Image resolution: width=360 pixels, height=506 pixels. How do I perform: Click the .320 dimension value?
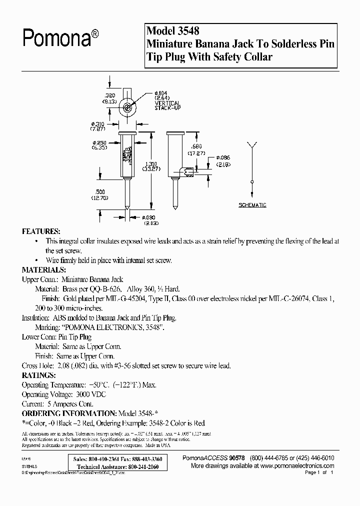click(110, 94)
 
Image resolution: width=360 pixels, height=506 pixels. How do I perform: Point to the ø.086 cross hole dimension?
click(223, 157)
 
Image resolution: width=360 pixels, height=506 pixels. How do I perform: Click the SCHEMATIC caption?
click(252, 205)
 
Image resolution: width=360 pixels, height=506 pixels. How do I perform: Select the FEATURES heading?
click(41, 232)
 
